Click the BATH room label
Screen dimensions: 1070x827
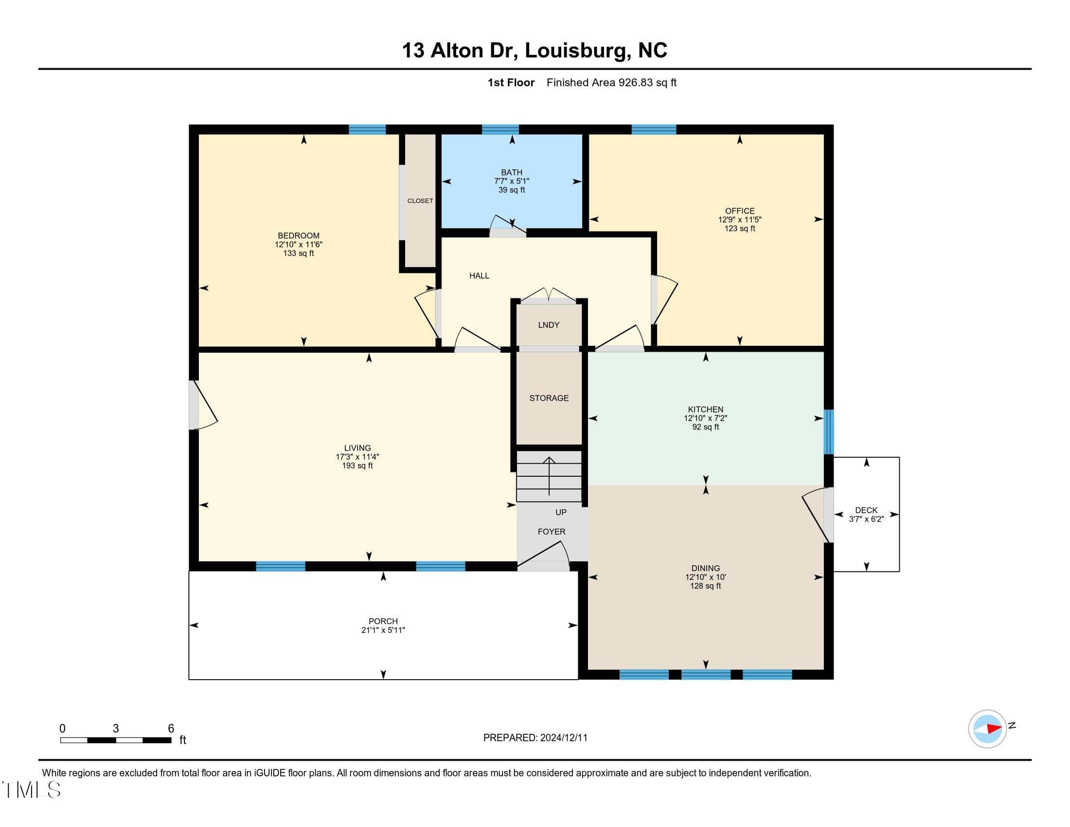pyautogui.click(x=512, y=173)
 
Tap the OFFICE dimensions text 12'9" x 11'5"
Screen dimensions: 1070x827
pyautogui.click(x=740, y=220)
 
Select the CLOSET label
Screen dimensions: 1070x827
pyautogui.click(x=420, y=201)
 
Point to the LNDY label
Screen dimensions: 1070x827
pyautogui.click(x=549, y=325)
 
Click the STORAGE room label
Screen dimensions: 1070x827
pyautogui.click(x=549, y=398)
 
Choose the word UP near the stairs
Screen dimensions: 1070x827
pyautogui.click(x=561, y=512)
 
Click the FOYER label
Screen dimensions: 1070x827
pyautogui.click(x=552, y=532)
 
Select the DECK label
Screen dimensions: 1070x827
pyautogui.click(x=866, y=510)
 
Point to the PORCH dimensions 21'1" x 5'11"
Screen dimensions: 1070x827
pyautogui.click(x=383, y=630)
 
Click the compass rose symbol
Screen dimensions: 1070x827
pyautogui.click(x=987, y=729)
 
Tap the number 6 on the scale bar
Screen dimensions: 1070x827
pyautogui.click(x=171, y=729)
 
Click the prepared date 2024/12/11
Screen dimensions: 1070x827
pyautogui.click(x=563, y=738)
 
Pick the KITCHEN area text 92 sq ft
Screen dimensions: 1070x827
pyautogui.click(x=706, y=427)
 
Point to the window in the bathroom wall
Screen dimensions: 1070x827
pyautogui.click(x=500, y=129)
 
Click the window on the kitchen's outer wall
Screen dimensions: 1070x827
pyautogui.click(x=828, y=432)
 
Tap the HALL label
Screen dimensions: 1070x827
pyautogui.click(x=479, y=276)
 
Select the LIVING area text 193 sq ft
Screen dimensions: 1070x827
pyautogui.click(x=357, y=466)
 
